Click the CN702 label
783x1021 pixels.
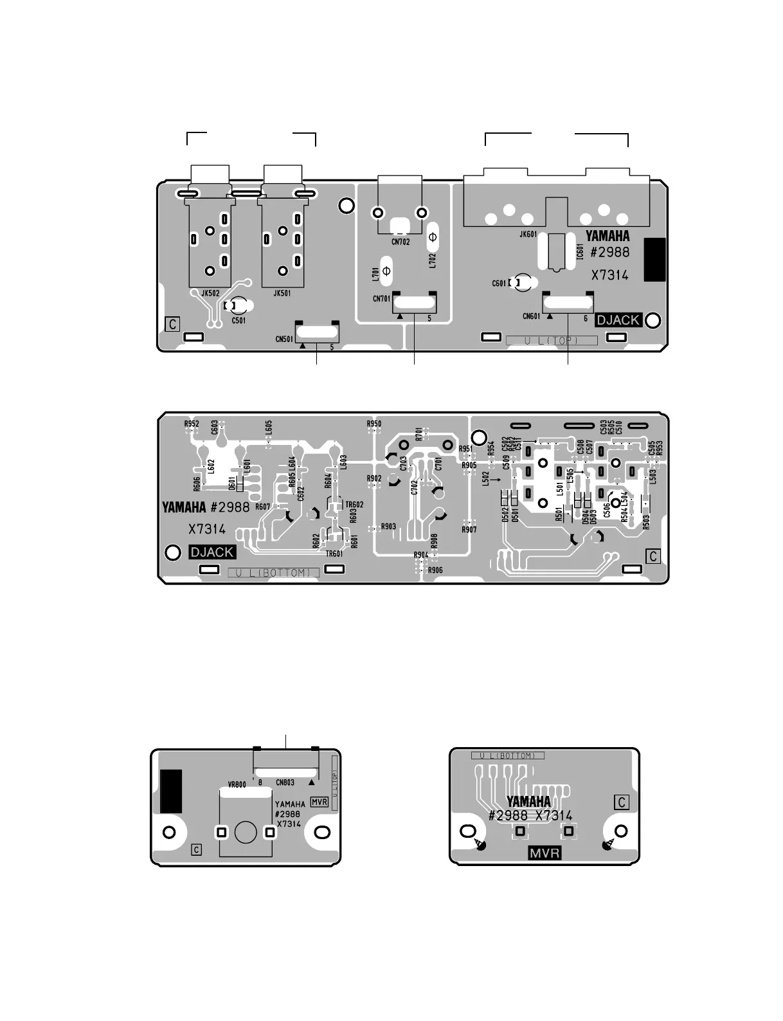(401, 242)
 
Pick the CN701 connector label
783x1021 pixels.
(382, 298)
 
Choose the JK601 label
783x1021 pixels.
(528, 234)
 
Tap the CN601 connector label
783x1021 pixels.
(532, 316)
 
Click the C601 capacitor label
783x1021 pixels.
(500, 283)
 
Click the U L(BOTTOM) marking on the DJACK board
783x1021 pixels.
(274, 572)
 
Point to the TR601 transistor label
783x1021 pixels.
(334, 554)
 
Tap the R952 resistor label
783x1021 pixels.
(192, 424)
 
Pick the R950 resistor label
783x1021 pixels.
(374, 424)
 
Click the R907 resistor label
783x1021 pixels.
(469, 530)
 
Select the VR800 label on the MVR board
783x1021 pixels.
(237, 785)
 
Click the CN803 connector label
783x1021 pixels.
(285, 782)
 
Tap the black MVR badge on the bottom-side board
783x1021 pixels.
(544, 853)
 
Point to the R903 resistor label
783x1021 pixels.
(388, 527)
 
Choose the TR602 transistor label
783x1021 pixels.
(354, 505)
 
